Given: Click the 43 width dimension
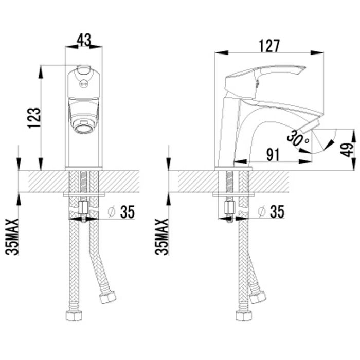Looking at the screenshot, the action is click(84, 40).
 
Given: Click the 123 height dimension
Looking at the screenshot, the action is click(34, 118).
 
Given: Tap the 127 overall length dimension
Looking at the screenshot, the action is click(269, 46).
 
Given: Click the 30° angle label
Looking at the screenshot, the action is click(298, 138).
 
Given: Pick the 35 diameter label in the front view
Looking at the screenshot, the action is click(128, 211).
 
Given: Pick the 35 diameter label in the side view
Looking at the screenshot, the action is click(277, 211).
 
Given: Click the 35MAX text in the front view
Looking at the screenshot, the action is click(12, 237).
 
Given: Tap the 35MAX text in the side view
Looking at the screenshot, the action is click(161, 237).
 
